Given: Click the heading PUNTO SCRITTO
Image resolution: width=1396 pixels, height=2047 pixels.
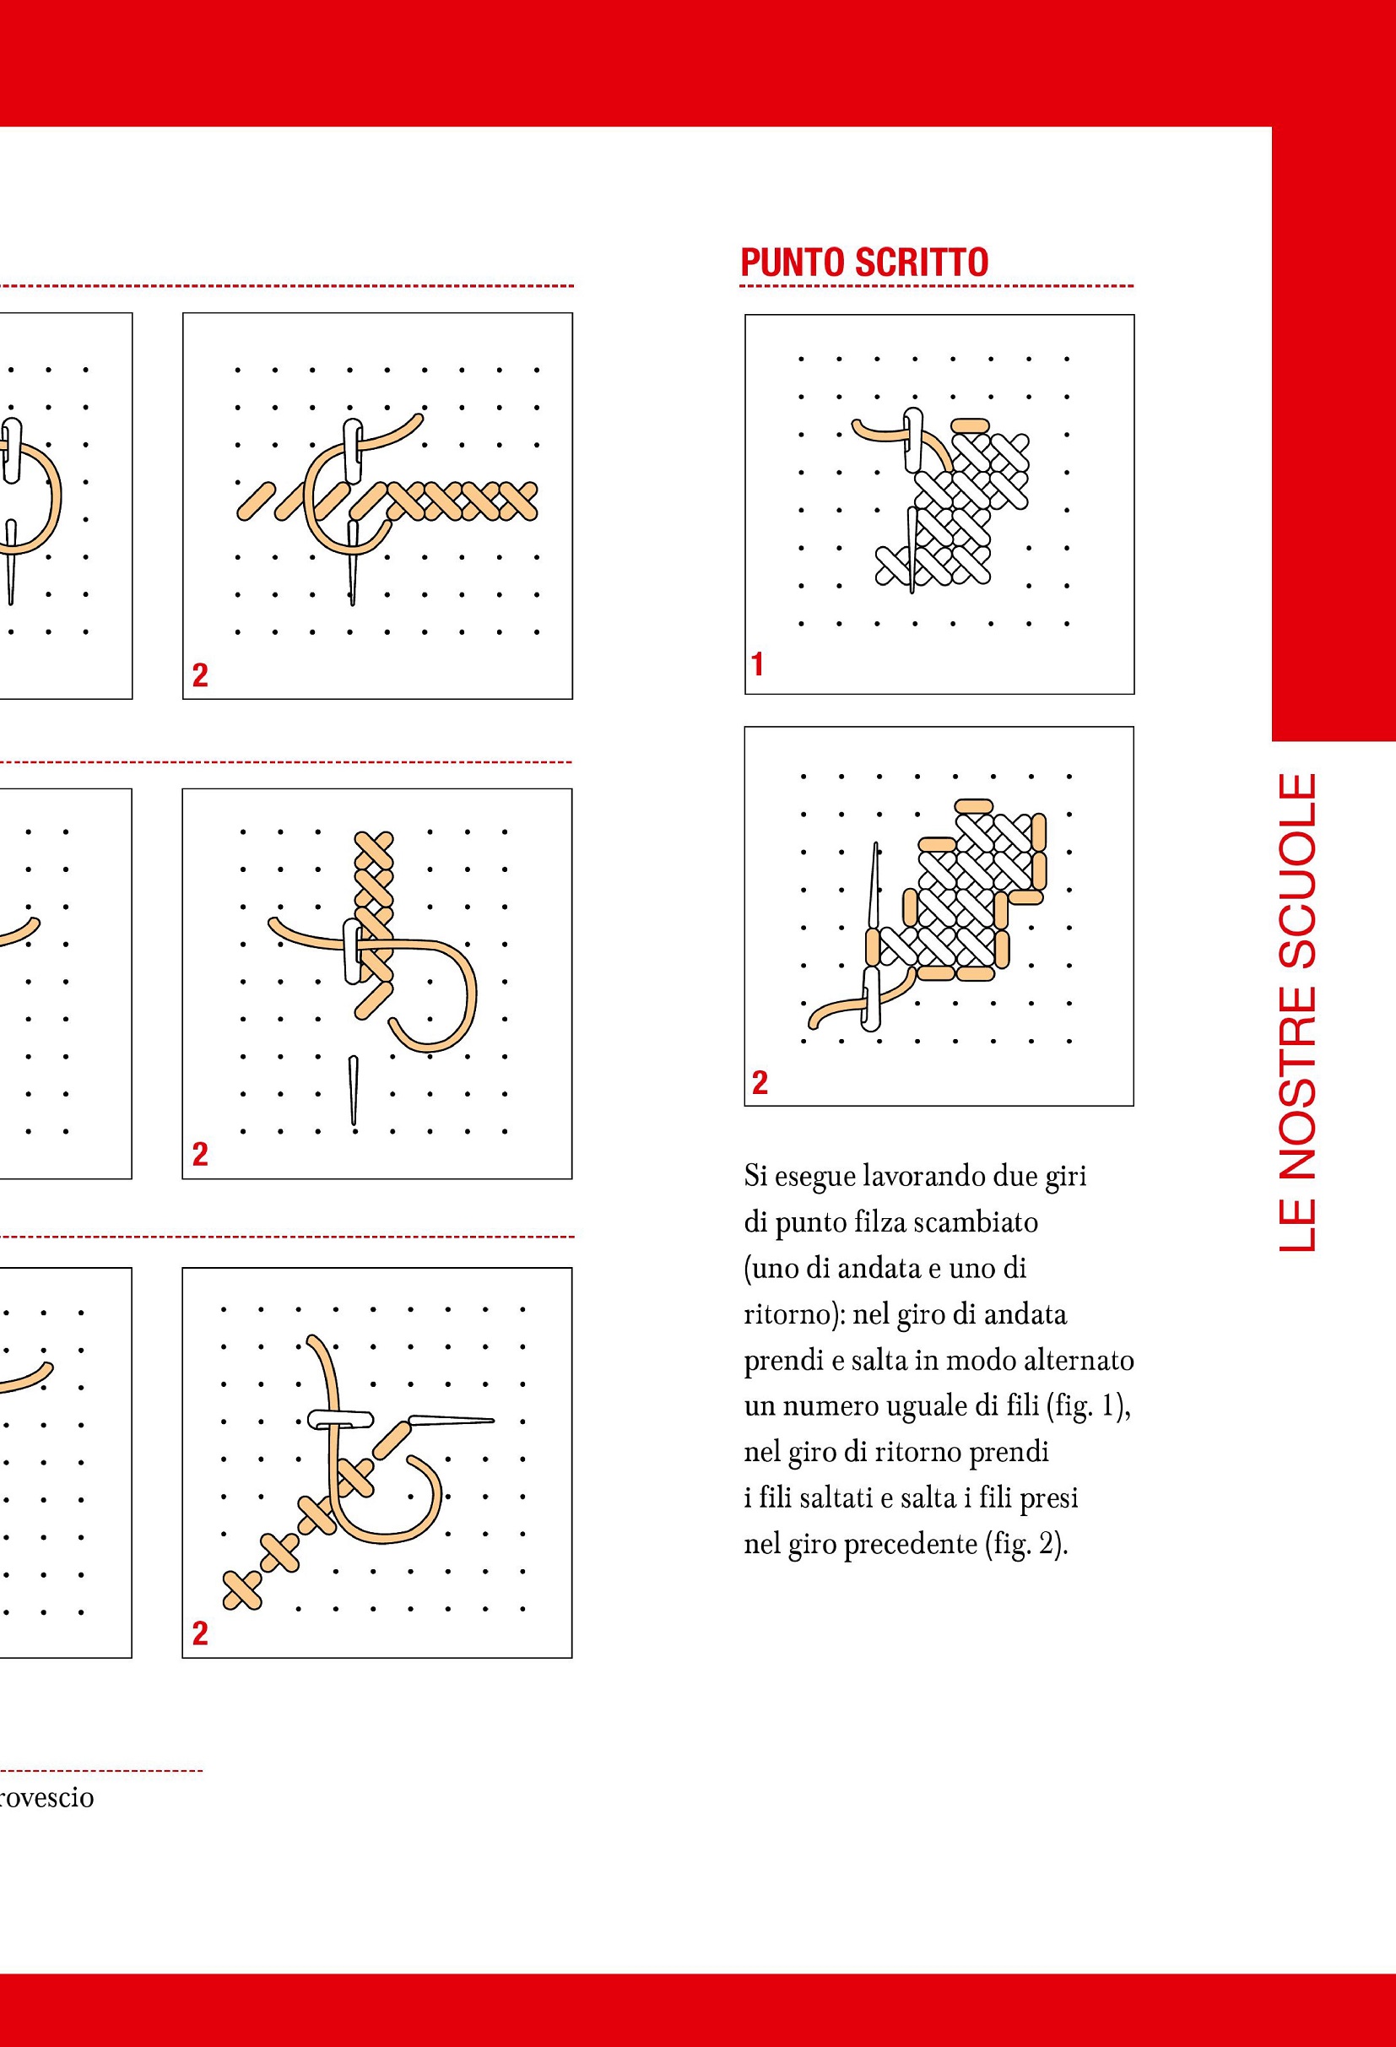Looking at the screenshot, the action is (864, 263).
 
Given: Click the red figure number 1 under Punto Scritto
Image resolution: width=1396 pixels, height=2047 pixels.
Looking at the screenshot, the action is (756, 664).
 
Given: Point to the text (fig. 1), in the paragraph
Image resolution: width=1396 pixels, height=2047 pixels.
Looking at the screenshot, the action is (1088, 1405).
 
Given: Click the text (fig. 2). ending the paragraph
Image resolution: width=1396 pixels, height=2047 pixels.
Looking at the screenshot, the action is (1025, 1544).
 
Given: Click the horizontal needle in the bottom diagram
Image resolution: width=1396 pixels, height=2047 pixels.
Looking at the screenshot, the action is (450, 1420).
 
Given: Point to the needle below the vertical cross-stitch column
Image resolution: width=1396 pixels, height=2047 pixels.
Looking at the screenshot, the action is (353, 1091).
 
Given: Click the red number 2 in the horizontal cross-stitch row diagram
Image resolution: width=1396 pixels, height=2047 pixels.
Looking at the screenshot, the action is (200, 675).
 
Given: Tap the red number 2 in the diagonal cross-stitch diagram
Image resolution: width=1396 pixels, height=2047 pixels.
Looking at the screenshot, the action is (200, 1633).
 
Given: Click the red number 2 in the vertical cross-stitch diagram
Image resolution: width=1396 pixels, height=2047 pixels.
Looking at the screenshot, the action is (200, 1154).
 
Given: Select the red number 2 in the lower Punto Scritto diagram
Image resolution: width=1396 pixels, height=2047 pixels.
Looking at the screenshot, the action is (760, 1081).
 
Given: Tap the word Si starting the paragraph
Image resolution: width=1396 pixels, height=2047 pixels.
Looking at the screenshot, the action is (755, 1177).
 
